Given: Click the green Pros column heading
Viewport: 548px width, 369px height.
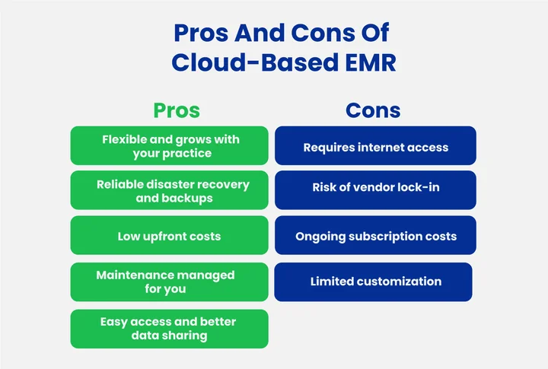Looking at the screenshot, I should (177, 110).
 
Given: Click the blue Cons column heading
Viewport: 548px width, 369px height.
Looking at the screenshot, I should (373, 110).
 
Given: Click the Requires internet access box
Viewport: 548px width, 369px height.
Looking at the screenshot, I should (375, 147).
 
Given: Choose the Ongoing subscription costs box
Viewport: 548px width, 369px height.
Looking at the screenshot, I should (375, 236).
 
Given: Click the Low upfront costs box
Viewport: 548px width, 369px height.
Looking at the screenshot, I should (169, 236).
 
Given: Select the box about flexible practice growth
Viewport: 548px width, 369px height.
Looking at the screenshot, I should (169, 146).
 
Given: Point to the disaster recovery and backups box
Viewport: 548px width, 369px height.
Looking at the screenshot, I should (169, 191).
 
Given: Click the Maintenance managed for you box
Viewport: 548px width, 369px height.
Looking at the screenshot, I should (169, 282).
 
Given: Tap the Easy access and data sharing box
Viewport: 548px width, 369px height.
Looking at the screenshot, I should (169, 329).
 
